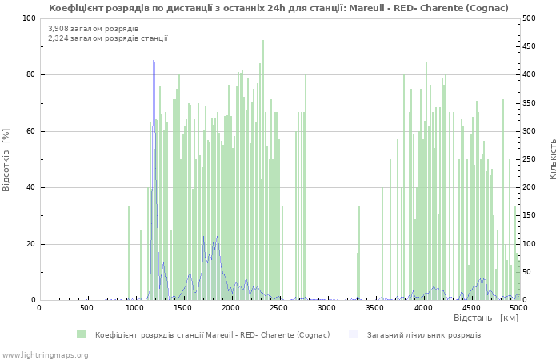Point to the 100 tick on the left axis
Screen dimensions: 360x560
(x=29, y=18)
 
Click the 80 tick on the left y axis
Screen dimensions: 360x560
(x=31, y=75)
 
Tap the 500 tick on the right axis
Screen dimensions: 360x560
(x=530, y=18)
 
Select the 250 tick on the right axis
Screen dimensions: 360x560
(x=530, y=159)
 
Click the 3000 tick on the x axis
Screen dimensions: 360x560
(x=326, y=308)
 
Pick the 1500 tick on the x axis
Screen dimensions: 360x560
(x=182, y=308)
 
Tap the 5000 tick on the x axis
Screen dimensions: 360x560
(x=518, y=308)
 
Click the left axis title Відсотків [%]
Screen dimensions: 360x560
(x=6, y=159)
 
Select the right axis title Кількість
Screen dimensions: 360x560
(x=553, y=159)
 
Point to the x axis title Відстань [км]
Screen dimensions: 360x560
(x=486, y=318)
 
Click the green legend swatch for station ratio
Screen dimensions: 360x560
(x=82, y=334)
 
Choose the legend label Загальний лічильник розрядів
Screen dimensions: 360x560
(x=424, y=334)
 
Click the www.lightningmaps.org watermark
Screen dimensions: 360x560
(x=45, y=354)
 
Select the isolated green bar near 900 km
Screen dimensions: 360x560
(x=129, y=253)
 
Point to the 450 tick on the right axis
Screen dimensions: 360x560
(x=530, y=46)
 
